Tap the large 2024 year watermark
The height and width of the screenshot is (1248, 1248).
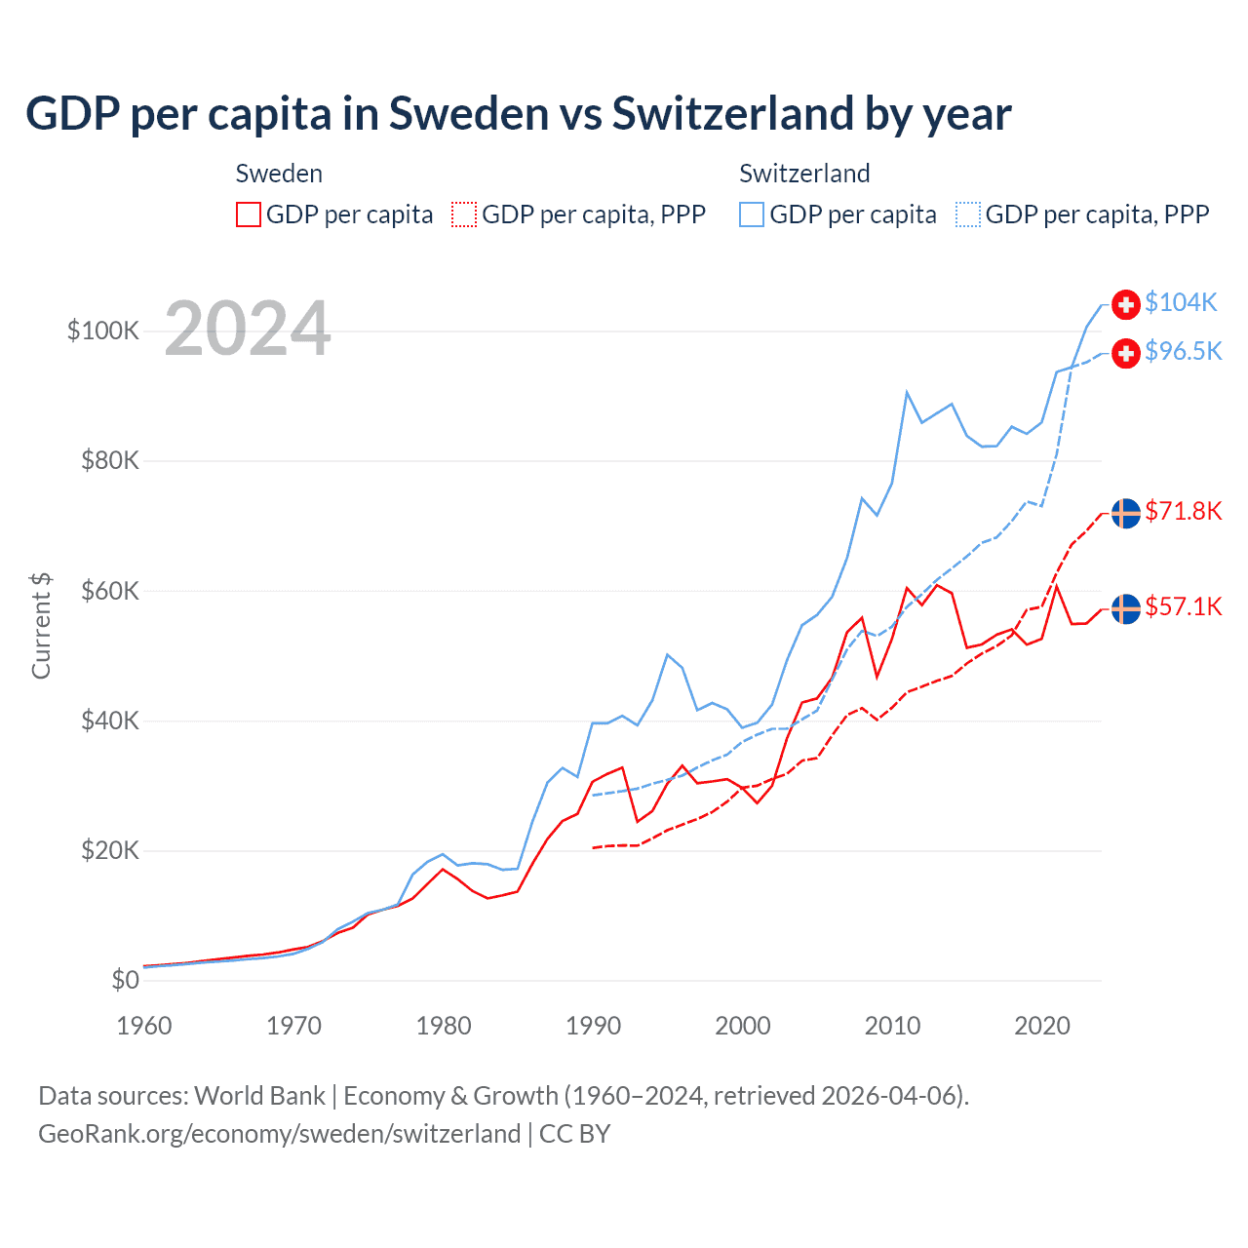[248, 329]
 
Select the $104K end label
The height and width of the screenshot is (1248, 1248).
[1181, 302]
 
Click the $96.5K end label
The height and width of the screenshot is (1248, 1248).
[1183, 351]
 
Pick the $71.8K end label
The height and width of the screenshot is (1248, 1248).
[1183, 511]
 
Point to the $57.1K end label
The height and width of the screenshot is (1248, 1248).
[1183, 606]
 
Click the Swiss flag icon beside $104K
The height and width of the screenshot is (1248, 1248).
[1126, 304]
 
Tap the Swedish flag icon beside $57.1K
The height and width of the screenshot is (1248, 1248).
[1126, 608]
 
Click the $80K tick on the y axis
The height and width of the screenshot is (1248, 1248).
[110, 460]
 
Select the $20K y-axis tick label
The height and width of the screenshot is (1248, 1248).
[110, 850]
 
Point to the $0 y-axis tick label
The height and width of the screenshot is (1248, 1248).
[125, 980]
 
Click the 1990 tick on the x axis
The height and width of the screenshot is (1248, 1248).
[593, 1026]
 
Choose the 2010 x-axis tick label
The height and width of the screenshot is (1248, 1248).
[892, 1026]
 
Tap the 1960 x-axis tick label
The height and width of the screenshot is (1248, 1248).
[144, 1026]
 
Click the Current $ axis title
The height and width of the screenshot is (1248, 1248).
[41, 626]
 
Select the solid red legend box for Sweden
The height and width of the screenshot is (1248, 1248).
[249, 214]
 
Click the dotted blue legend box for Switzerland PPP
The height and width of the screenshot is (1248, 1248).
[968, 214]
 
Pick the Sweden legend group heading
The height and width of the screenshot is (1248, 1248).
[279, 174]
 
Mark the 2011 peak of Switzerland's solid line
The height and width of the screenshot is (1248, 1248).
[907, 392]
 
